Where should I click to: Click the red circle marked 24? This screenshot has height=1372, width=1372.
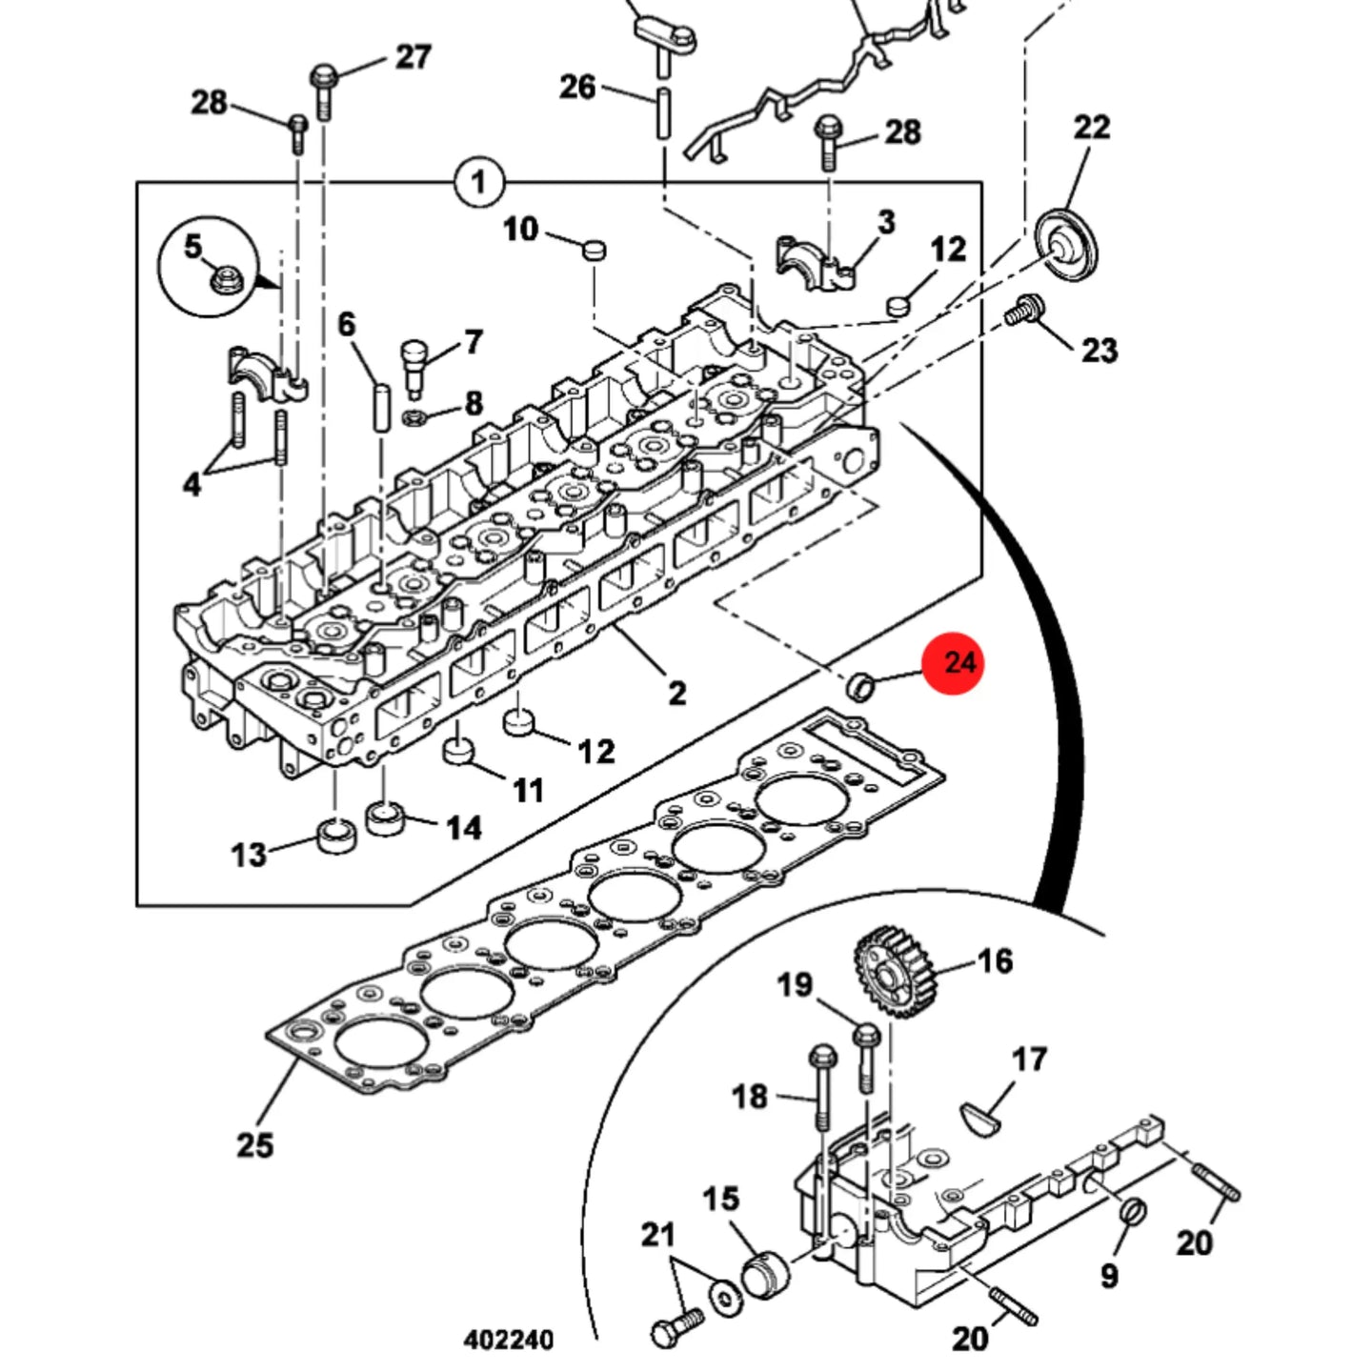tap(954, 662)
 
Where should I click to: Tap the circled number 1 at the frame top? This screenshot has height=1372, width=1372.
tap(478, 182)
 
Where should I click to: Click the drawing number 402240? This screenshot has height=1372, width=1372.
tap(509, 1341)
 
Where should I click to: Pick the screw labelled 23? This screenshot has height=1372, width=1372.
tap(1025, 312)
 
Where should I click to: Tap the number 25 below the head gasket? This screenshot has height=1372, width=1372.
tap(254, 1145)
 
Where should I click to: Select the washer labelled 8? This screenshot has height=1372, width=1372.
tap(414, 417)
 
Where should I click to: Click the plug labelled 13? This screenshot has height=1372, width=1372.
tap(336, 836)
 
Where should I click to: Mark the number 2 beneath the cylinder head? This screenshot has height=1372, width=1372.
tap(676, 693)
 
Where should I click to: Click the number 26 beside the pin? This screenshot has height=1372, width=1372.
tap(577, 87)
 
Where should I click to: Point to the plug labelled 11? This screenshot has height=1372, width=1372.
tap(458, 749)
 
